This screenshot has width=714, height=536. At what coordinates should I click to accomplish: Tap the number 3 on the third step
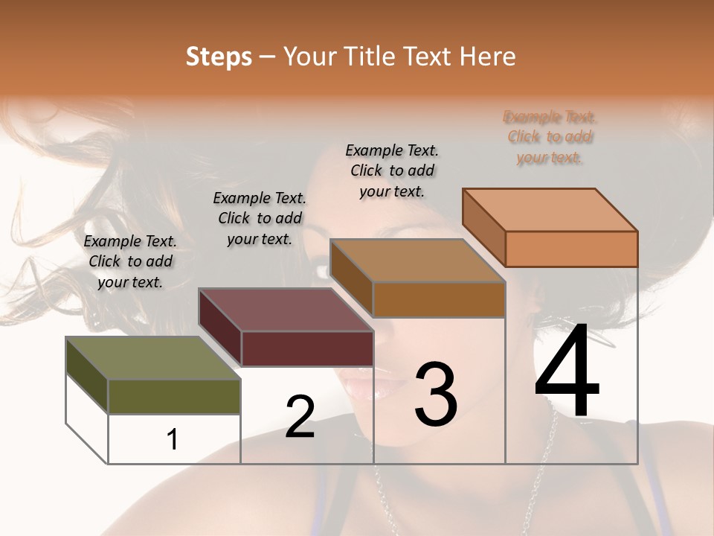pos(436,394)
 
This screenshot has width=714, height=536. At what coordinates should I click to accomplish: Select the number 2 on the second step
pos(300,416)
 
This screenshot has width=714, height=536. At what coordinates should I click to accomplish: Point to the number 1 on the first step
pos(172,440)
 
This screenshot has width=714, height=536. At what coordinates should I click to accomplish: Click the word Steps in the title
pos(219,57)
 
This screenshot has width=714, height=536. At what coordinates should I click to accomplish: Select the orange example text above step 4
pos(550,137)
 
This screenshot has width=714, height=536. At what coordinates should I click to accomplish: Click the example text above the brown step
pos(392,170)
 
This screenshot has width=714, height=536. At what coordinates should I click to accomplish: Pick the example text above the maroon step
pos(260,218)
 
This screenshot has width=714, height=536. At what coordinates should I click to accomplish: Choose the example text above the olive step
pos(130,261)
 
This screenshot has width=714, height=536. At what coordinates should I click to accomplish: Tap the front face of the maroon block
pos(307,348)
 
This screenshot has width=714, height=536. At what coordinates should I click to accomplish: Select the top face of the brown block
pos(417,261)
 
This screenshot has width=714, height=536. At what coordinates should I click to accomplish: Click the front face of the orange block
pos(571,249)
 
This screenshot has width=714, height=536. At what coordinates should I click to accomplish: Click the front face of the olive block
pos(174,396)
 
